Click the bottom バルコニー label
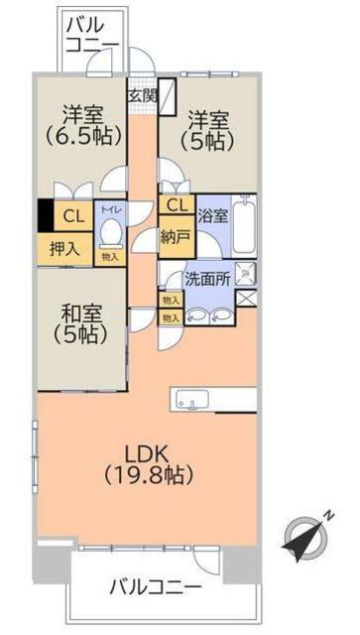pos(154,585)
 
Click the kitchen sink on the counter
pos(191,399)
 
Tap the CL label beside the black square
pos(73,215)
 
